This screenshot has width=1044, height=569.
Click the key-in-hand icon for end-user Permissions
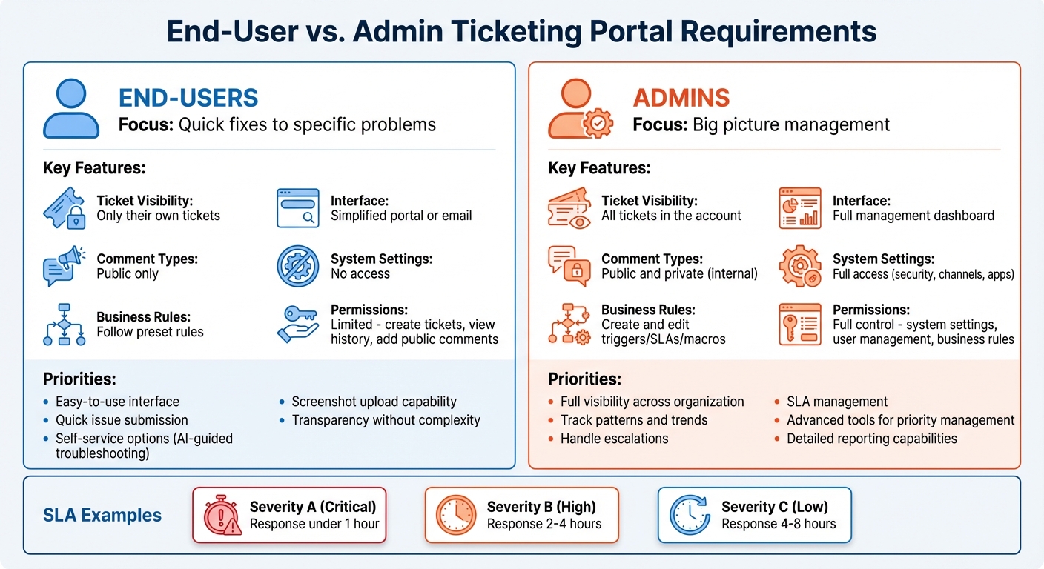click(x=297, y=325)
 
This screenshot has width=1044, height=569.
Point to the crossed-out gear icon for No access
click(x=297, y=266)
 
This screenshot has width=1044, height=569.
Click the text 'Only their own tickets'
click(x=158, y=216)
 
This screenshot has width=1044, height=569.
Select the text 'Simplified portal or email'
click(x=401, y=216)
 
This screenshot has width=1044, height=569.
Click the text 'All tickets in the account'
click(x=671, y=216)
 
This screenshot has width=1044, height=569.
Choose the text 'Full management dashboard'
click(x=913, y=216)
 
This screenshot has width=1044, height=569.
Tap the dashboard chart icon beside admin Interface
click(x=799, y=208)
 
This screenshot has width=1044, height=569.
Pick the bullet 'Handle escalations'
click(x=614, y=439)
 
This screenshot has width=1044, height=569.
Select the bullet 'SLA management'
click(x=836, y=402)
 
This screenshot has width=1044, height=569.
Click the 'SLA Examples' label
click(x=102, y=515)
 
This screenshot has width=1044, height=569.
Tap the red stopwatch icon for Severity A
click(x=223, y=515)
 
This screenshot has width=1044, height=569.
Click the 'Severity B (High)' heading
click(x=541, y=507)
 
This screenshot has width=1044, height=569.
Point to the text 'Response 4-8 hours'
click(x=779, y=524)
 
